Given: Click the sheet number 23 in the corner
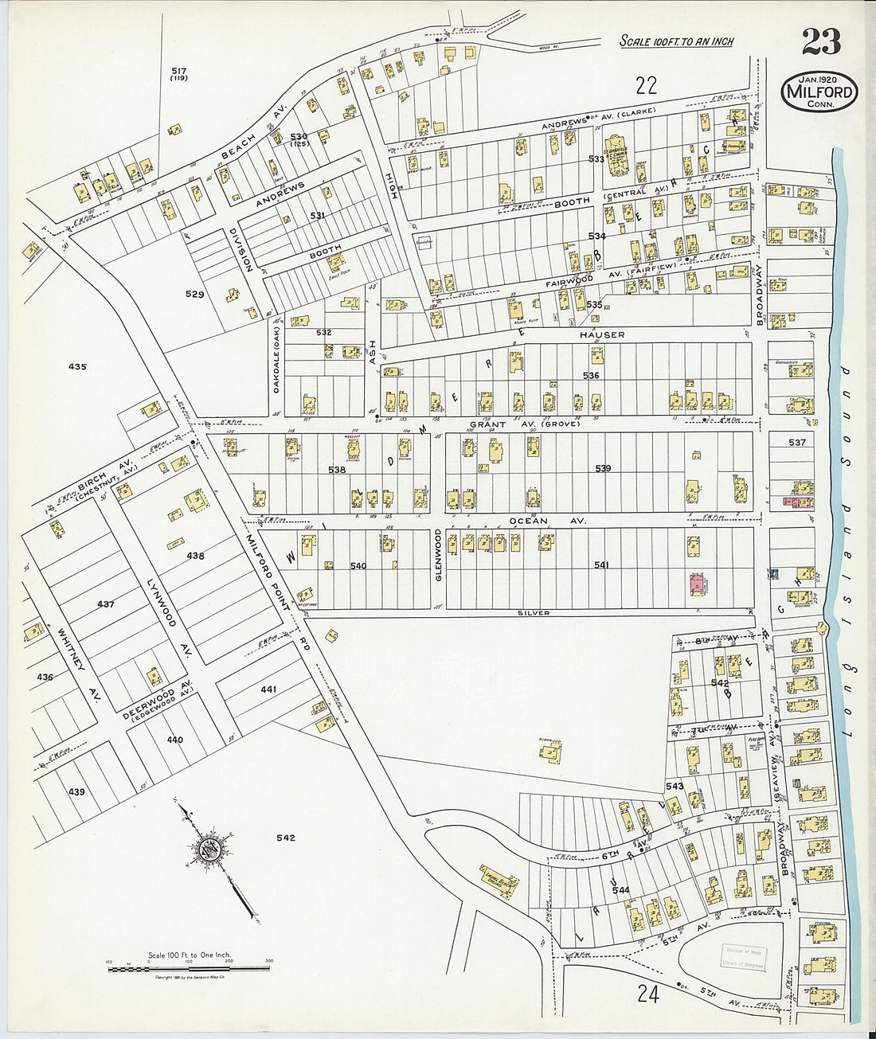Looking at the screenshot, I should [x=821, y=41].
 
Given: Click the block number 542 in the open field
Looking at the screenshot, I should [x=286, y=838].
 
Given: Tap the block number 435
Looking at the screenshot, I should [x=77, y=367].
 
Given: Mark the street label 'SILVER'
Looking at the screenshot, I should [x=533, y=613].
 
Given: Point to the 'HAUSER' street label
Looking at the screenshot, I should [x=602, y=335].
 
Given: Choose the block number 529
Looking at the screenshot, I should [x=195, y=295].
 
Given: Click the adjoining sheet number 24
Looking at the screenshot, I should [x=647, y=994].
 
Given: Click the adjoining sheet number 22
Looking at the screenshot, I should [x=646, y=84].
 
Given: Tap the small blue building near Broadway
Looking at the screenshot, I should [x=774, y=573].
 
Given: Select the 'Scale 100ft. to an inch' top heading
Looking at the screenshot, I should [x=676, y=41].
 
